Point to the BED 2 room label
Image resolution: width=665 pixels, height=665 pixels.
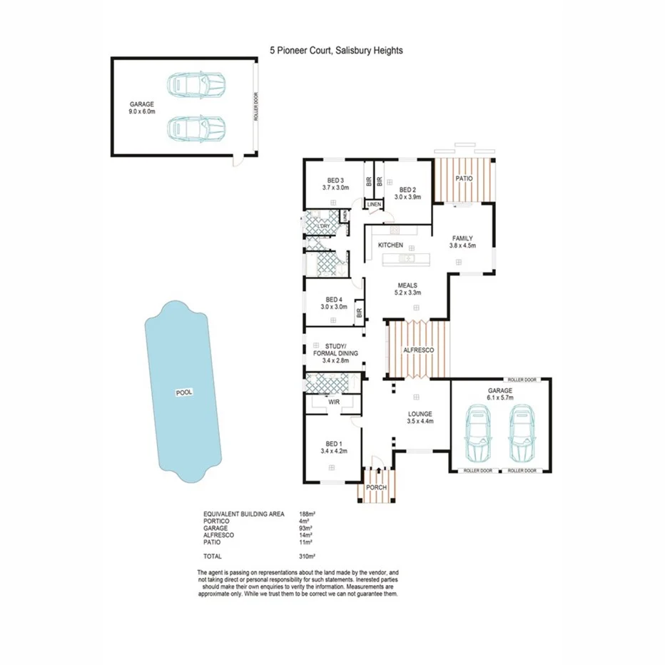tap(407, 190)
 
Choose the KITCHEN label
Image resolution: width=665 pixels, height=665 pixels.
tap(391, 245)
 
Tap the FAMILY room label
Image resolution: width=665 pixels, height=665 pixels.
tap(462, 238)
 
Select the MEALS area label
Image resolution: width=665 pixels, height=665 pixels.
tap(407, 285)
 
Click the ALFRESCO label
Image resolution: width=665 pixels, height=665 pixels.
tap(419, 350)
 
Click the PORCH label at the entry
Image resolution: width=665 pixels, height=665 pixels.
tap(375, 487)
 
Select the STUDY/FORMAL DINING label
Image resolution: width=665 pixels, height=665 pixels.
tap(335, 349)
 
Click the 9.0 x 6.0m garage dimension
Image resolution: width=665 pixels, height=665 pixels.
tap(141, 111)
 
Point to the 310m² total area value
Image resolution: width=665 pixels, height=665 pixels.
tap(308, 556)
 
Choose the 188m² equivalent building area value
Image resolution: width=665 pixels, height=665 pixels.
tap(308, 514)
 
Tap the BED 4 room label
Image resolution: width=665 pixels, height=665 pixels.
tap(335, 300)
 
